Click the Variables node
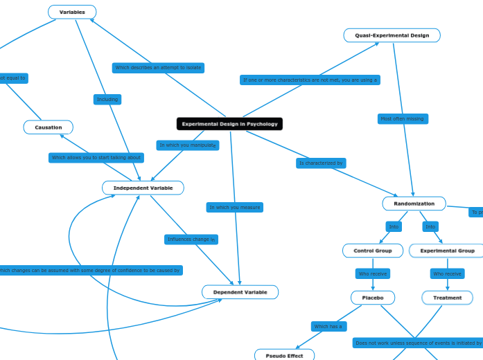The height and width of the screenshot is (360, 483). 72,12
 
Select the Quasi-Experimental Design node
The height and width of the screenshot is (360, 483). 392,35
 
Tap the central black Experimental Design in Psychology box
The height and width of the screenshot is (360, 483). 229,124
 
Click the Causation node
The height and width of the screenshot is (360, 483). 49,127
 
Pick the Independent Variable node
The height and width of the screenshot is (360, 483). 143,188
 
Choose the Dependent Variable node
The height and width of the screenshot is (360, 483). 240,292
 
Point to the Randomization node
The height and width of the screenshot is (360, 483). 414,204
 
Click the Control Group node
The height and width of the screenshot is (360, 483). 373,251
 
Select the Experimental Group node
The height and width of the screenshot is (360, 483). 447,251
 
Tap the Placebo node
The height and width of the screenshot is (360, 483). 373,298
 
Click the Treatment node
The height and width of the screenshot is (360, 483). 447,298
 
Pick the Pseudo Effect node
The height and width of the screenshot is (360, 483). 284,355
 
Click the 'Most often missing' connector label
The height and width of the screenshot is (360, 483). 402,119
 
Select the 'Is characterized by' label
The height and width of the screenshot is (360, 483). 321,163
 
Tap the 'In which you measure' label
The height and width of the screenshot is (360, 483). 235,207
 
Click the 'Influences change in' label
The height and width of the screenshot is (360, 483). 191,240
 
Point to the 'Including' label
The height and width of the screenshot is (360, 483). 107,100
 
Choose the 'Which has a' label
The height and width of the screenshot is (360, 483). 328,326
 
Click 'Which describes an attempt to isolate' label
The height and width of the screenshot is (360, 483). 158,68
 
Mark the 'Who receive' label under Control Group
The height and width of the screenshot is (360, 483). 373,274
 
